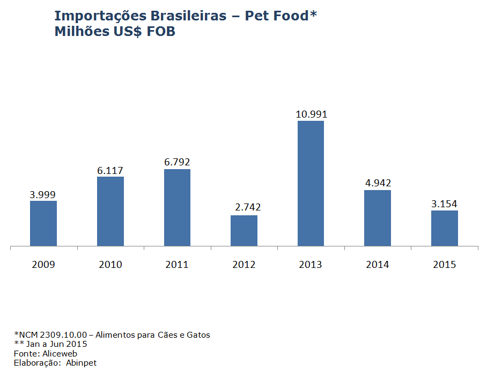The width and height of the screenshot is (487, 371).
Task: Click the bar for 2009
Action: (x=43, y=223)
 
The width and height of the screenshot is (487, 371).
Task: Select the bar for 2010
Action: (x=110, y=211)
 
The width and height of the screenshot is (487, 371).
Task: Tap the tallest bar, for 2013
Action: (x=311, y=183)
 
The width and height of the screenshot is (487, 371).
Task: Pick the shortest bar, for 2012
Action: (x=244, y=230)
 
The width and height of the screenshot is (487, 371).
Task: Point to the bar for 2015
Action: (x=445, y=228)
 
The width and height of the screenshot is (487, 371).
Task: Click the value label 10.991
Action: (x=311, y=114)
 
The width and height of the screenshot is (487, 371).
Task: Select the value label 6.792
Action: (x=178, y=162)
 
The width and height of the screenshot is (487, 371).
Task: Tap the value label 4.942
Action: (x=378, y=183)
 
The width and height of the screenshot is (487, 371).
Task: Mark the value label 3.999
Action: (x=43, y=194)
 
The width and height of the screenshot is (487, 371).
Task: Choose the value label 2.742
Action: (x=247, y=207)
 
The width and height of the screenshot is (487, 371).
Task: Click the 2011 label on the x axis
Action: (x=177, y=265)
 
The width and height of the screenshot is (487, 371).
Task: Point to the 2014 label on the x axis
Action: (x=378, y=265)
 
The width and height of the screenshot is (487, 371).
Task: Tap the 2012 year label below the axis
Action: (x=244, y=265)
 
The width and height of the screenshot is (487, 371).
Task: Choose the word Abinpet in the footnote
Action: (x=82, y=363)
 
